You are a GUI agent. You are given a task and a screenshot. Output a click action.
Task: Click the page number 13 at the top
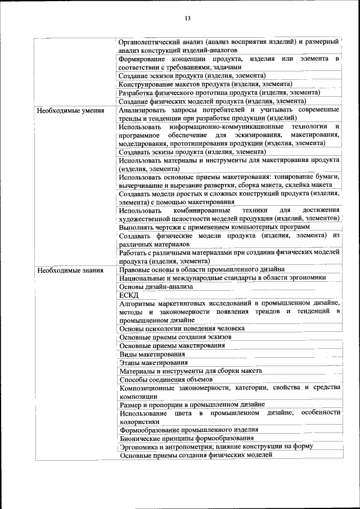[x=188, y=19]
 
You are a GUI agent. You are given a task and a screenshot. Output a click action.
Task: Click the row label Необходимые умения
[x=70, y=110]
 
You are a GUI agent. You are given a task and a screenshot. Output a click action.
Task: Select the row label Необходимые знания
[x=70, y=270]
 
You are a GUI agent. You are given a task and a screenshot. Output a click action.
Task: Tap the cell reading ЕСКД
[x=129, y=295]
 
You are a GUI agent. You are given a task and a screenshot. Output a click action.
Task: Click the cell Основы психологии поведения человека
[x=182, y=328]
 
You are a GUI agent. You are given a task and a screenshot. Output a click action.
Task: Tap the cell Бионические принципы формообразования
[x=186, y=438]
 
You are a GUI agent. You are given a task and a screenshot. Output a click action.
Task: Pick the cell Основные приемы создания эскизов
[x=175, y=337]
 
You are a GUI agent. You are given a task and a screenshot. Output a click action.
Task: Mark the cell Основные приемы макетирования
[x=172, y=345]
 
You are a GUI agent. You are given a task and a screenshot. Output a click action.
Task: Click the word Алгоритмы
[x=138, y=303]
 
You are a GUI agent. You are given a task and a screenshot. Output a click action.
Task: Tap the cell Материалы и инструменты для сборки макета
[x=190, y=371]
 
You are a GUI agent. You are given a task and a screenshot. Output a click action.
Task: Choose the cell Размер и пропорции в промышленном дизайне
[x=192, y=404]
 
